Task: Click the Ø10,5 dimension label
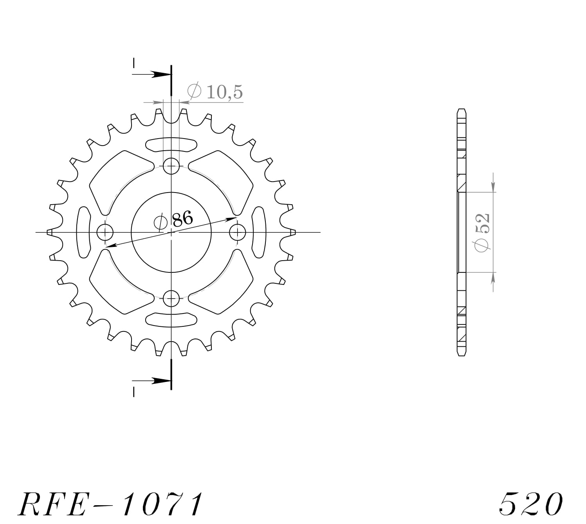pyautogui.click(x=215, y=92)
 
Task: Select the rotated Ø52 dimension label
pyautogui.click(x=481, y=232)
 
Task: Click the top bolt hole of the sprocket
pyautogui.click(x=171, y=166)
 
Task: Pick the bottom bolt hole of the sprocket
pyautogui.click(x=171, y=299)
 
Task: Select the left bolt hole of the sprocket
pyautogui.click(x=105, y=233)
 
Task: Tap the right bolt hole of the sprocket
pyautogui.click(x=237, y=233)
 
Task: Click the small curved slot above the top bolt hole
pyautogui.click(x=171, y=144)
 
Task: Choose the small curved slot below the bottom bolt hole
pyautogui.click(x=171, y=320)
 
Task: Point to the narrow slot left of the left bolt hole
pyautogui.click(x=83, y=232)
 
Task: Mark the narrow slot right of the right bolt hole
pyautogui.click(x=259, y=232)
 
